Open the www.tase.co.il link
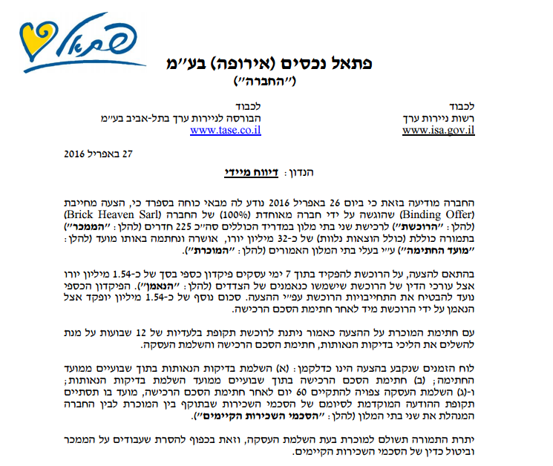pos(225,130)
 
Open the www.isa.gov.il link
pos(438,130)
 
